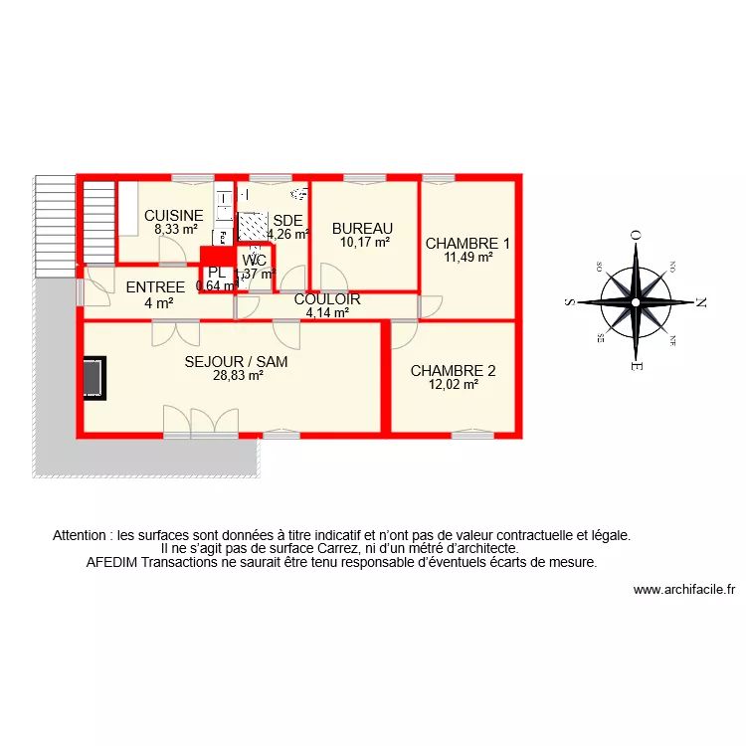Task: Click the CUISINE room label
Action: [174, 216]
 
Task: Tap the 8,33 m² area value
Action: [174, 229]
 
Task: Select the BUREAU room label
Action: [363, 228]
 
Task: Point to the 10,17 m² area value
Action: [364, 241]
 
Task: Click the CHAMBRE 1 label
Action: [467, 244]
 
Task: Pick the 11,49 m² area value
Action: [468, 257]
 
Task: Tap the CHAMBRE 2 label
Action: [453, 371]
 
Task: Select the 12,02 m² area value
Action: [454, 385]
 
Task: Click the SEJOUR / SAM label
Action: [237, 362]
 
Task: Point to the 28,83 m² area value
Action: [238, 376]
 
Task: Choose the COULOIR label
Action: [327, 299]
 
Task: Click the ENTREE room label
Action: [156, 288]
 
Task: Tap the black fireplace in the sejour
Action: [93, 378]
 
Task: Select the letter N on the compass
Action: [700, 301]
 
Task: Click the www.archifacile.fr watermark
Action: [683, 589]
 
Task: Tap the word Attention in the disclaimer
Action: [83, 534]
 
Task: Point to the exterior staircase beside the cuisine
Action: [97, 221]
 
